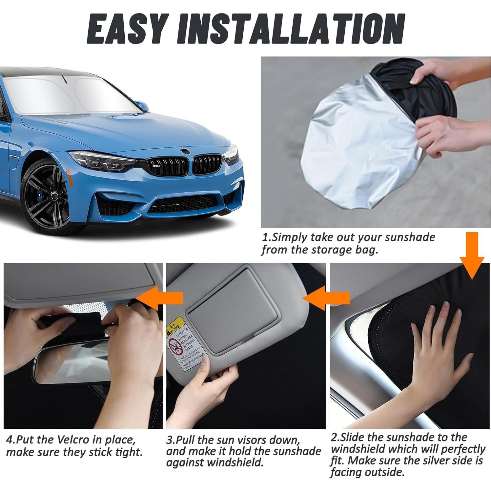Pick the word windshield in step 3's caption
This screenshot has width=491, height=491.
pos(230,463)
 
